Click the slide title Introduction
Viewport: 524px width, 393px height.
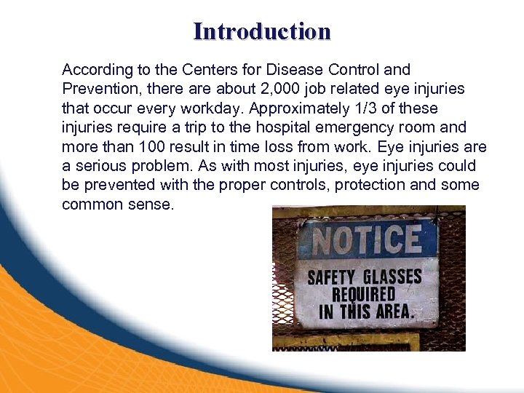(x=262, y=31)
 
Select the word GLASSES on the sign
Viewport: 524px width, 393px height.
(x=393, y=277)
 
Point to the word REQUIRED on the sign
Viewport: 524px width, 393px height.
(x=364, y=295)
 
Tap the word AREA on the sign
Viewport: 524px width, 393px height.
(x=392, y=312)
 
